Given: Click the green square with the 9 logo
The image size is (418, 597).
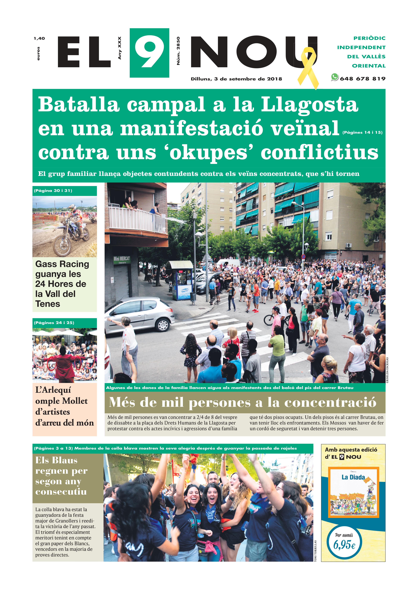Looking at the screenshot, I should tap(149, 53).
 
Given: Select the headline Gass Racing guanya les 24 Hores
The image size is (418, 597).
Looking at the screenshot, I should tap(62, 284).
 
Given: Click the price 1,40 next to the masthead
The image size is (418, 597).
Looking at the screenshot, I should tap(39, 38).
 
